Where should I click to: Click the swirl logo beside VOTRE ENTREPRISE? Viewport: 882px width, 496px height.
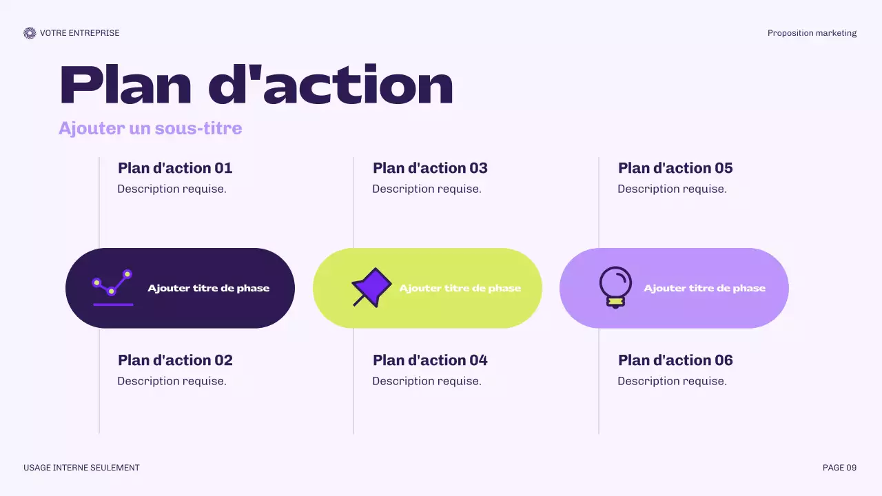click(x=30, y=33)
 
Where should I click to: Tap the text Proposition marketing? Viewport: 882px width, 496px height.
click(x=812, y=33)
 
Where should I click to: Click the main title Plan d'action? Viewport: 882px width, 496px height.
click(x=256, y=85)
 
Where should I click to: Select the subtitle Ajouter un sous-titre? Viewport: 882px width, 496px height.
click(x=150, y=128)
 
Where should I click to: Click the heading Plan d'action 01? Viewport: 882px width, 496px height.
click(x=175, y=168)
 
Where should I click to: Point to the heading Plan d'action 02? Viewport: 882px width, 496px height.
click(x=175, y=360)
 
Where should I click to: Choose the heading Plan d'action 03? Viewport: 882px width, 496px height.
click(x=430, y=168)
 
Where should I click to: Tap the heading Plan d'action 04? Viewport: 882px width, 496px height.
click(x=430, y=360)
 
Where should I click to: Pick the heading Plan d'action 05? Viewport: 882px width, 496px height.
click(x=675, y=168)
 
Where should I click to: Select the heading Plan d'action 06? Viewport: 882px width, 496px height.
click(x=675, y=360)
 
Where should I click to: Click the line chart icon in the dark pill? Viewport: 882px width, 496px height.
click(x=112, y=287)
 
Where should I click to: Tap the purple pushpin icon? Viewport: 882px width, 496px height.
click(x=371, y=287)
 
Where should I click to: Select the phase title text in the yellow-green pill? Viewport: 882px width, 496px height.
click(x=460, y=288)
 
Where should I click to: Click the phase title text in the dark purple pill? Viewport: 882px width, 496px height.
click(x=208, y=288)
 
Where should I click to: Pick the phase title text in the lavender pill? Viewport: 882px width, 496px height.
click(x=704, y=288)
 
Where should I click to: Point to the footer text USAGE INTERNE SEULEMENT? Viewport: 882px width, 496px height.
click(x=81, y=468)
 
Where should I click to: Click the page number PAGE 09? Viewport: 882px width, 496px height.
click(x=839, y=468)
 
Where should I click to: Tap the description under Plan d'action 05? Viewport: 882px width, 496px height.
click(x=672, y=189)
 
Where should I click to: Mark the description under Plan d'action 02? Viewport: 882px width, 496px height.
click(x=172, y=381)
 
